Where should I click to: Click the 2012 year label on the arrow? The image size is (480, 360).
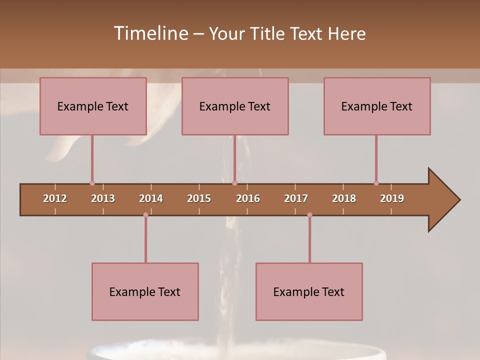pyautogui.click(x=55, y=198)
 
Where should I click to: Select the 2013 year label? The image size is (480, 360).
pyautogui.click(x=103, y=198)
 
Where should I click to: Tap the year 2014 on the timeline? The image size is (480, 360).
pyautogui.click(x=151, y=198)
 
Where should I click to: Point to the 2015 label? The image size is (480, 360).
pyautogui.click(x=199, y=198)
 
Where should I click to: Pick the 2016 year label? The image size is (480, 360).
pyautogui.click(x=248, y=198)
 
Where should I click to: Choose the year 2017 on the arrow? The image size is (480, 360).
pyautogui.click(x=296, y=198)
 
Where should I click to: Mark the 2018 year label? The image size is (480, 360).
pyautogui.click(x=344, y=198)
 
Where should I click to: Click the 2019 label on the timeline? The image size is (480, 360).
pyautogui.click(x=392, y=198)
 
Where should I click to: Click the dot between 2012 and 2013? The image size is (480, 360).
pyautogui.click(x=92, y=183)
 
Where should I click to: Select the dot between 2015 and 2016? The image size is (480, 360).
pyautogui.click(x=234, y=183)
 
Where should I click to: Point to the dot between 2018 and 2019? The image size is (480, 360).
pyautogui.click(x=376, y=183)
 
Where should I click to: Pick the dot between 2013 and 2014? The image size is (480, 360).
pyautogui.click(x=145, y=215)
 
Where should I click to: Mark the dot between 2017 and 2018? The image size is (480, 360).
pyautogui.click(x=309, y=215)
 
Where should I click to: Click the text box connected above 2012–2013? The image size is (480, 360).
pyautogui.click(x=93, y=106)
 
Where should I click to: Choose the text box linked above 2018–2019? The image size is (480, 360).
pyautogui.click(x=377, y=106)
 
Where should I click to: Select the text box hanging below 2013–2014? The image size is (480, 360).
pyautogui.click(x=145, y=291)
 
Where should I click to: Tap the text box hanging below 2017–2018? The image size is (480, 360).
pyautogui.click(x=309, y=291)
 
